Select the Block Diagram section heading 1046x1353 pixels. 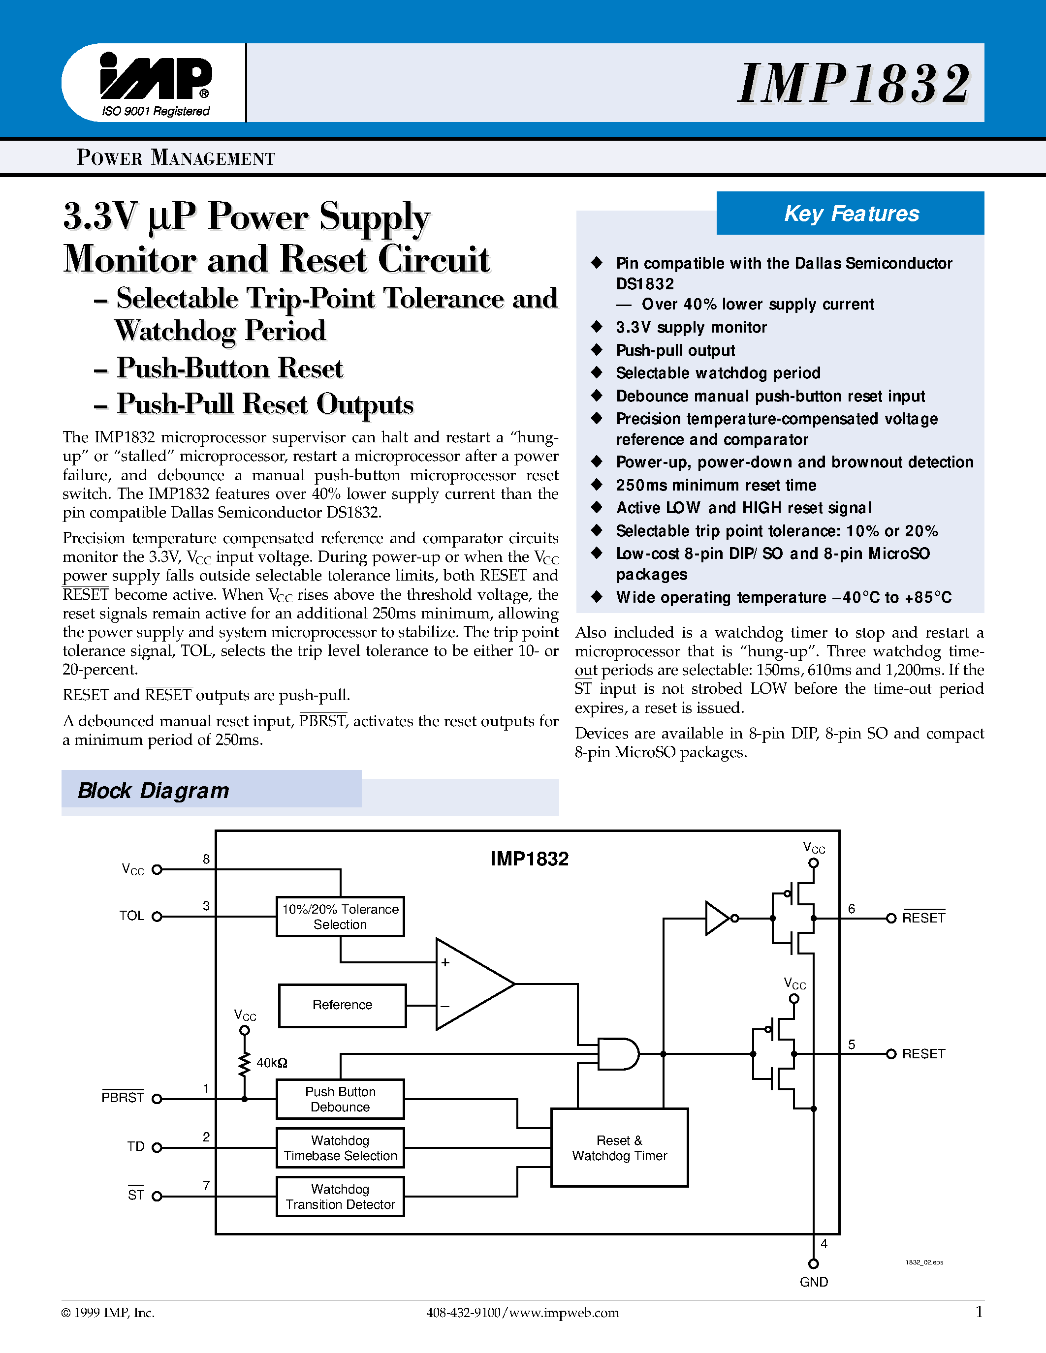click(x=153, y=791)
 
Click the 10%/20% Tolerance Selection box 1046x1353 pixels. click(x=340, y=916)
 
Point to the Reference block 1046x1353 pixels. click(x=342, y=1005)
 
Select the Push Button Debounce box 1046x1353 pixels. click(x=340, y=1099)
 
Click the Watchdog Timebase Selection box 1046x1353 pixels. click(x=340, y=1148)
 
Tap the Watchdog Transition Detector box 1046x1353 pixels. click(x=340, y=1196)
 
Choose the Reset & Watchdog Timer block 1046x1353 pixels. click(x=619, y=1147)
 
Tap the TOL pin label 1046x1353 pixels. click(x=131, y=916)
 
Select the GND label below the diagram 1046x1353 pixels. click(x=814, y=1282)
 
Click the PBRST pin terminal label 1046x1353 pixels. click(x=123, y=1097)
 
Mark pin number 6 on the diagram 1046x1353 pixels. click(x=852, y=908)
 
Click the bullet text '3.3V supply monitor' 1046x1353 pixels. click(x=691, y=327)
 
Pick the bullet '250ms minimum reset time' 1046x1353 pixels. click(x=716, y=485)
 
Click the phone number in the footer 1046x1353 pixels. click(x=463, y=1313)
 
